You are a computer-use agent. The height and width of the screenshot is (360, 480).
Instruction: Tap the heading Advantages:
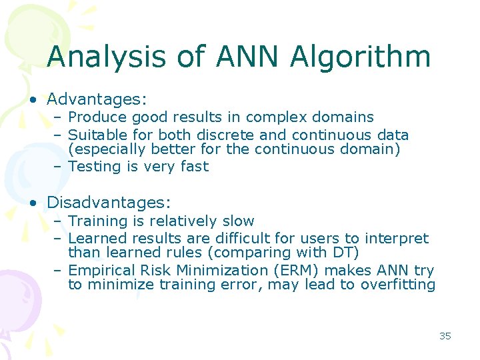pyautogui.click(x=97, y=99)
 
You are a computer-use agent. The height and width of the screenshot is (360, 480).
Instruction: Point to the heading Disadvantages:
pyautogui.click(x=109, y=202)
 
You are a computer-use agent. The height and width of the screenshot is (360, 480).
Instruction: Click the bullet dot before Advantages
pyautogui.click(x=32, y=101)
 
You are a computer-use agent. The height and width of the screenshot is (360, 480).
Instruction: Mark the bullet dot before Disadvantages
pyautogui.click(x=32, y=203)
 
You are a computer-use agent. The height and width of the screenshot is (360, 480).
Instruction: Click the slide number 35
pyautogui.click(x=445, y=336)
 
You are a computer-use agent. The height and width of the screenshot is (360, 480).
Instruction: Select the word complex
pyautogui.click(x=291, y=117)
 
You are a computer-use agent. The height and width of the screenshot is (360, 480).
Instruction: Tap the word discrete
pyautogui.click(x=225, y=135)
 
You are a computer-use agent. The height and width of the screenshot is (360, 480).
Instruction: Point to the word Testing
pyautogui.click(x=94, y=167)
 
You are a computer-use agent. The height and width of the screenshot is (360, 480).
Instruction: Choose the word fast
pyautogui.click(x=194, y=167)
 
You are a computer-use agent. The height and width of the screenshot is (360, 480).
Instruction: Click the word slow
pyautogui.click(x=238, y=221)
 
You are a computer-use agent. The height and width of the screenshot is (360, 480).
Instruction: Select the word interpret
pyautogui.click(x=399, y=238)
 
